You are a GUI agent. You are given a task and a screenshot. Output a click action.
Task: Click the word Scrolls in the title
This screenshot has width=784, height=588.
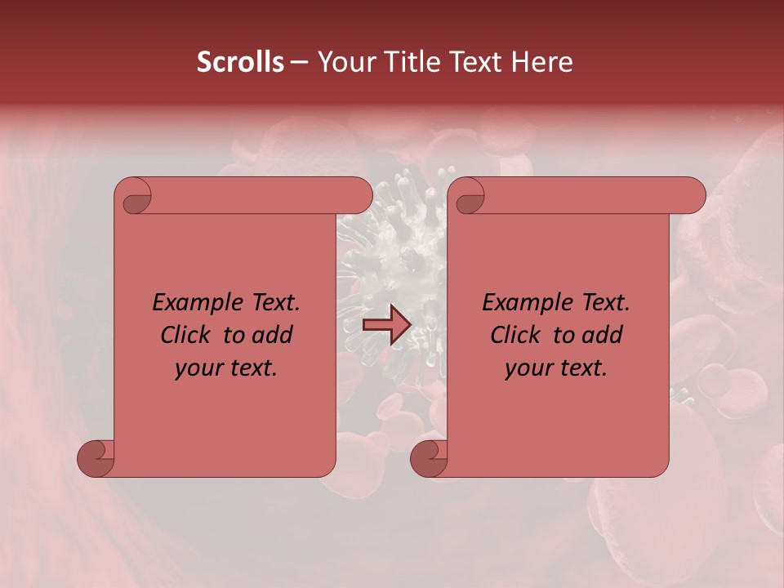[x=240, y=62]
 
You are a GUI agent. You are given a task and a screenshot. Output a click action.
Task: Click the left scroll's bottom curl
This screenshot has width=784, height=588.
[x=96, y=457]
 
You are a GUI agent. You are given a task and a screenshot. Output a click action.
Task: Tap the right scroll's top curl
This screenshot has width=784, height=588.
[x=469, y=197]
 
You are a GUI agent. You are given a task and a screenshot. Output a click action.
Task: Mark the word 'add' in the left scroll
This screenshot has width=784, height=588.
[x=273, y=335]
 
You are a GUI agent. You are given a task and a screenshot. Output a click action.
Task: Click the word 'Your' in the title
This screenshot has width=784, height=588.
[x=344, y=62]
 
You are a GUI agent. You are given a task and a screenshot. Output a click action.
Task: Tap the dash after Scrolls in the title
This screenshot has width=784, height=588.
[x=300, y=62]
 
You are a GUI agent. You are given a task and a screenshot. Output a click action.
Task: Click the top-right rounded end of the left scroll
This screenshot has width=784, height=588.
[x=359, y=195]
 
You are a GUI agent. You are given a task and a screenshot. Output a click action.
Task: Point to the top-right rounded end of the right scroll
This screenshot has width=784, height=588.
[x=693, y=195]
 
